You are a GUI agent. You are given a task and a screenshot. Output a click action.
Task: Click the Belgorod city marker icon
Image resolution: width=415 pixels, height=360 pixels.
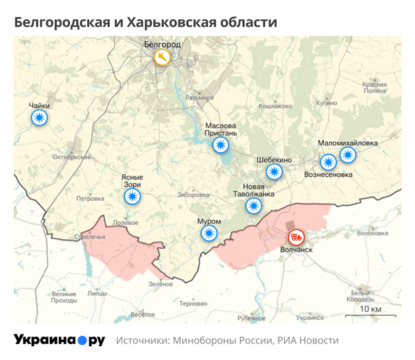tap(162, 58)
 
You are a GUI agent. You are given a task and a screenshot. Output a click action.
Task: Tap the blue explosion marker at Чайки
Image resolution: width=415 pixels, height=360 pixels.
tap(39, 118)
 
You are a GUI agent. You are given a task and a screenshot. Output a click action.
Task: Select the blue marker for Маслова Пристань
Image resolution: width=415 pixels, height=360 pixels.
tap(220, 144)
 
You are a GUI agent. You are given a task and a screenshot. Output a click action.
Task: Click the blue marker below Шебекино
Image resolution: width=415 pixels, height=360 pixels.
tap(275, 172)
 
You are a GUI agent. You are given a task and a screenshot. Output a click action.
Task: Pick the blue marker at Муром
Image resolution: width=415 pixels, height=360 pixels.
tap(208, 233)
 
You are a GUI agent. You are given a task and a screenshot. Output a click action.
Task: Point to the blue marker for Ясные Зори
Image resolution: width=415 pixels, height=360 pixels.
tap(131, 197)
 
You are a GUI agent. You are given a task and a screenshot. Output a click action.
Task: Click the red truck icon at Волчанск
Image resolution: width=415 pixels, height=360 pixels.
tap(295, 236)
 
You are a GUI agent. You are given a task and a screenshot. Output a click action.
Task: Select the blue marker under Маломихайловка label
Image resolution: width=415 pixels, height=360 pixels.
tap(348, 154)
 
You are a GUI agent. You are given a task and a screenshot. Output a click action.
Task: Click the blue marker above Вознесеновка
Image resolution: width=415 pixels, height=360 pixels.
tap(327, 163)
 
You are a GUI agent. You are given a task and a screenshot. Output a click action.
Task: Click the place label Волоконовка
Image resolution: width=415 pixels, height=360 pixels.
tap(373, 233)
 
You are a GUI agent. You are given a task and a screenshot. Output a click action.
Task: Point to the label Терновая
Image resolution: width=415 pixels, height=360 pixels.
tap(193, 304)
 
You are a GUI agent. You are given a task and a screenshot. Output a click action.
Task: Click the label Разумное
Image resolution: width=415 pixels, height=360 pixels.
tap(200, 98)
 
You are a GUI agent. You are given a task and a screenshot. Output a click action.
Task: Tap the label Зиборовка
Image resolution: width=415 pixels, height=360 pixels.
tap(194, 195)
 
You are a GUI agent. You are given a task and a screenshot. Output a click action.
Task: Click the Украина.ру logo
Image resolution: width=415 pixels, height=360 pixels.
tap(59, 340)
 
